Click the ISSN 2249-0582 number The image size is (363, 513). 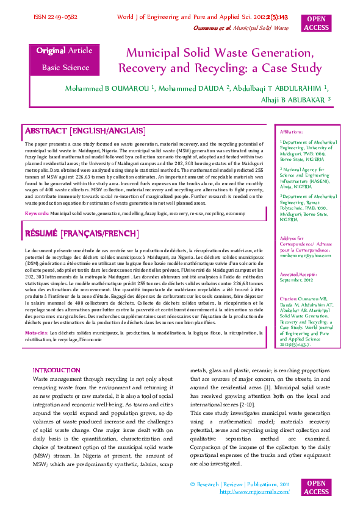click(55, 18)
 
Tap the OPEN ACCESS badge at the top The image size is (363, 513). click(316, 23)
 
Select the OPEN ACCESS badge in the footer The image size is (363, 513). click(316, 487)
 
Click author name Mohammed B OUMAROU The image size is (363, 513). click(108, 88)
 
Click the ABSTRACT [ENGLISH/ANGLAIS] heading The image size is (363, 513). click(85, 131)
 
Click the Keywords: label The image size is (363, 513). click(37, 214)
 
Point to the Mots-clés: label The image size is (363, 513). click(36, 333)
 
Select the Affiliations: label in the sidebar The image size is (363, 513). click(291, 132)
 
